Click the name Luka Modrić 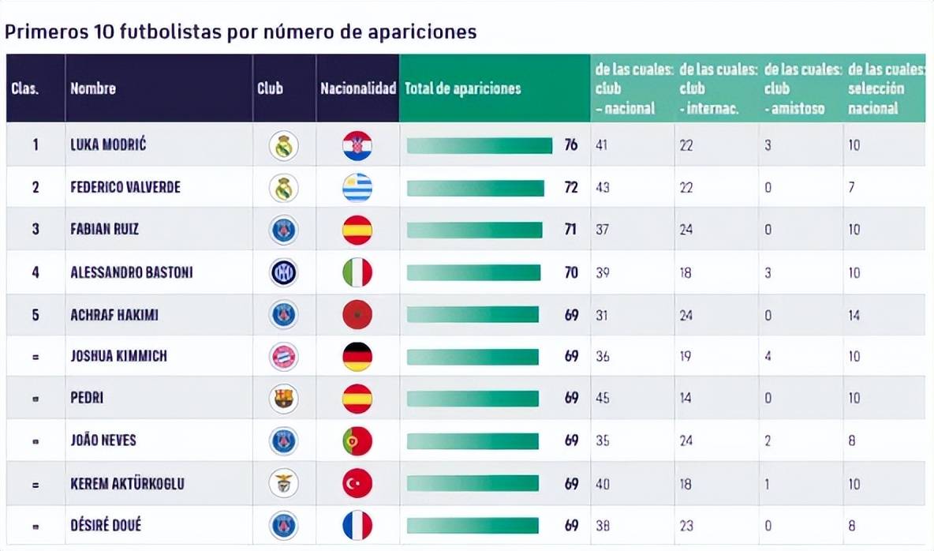coord(108,145)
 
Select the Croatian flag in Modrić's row coord(357,146)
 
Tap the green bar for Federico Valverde coord(476,188)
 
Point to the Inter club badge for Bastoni coord(284,272)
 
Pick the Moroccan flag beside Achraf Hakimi coord(357,315)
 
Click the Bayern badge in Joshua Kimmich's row coord(284,357)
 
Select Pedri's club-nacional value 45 coord(603,399)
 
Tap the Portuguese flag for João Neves coord(357,440)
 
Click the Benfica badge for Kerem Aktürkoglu coord(284,483)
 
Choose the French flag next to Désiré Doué coord(357,525)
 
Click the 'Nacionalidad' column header coord(358,88)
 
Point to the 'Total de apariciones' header coord(463,88)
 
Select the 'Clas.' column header coord(25,88)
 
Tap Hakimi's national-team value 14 coord(854,315)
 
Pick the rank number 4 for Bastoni coord(35,272)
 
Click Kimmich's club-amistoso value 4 coord(768,357)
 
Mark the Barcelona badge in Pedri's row coord(284,399)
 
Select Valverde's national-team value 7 coord(852,188)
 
